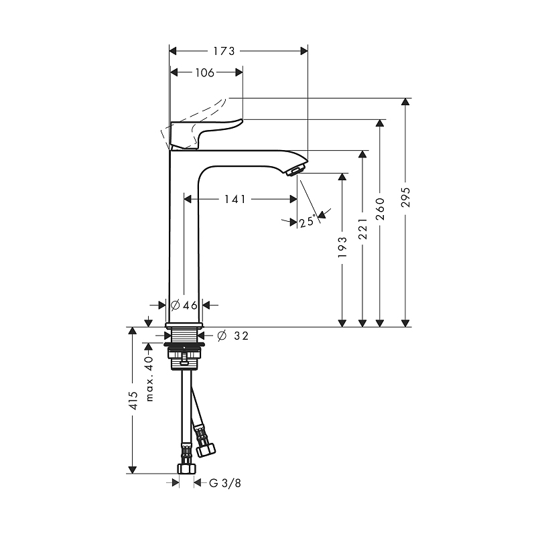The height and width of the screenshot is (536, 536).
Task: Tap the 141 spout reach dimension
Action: coord(234,199)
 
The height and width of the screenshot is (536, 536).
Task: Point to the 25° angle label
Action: coord(308,222)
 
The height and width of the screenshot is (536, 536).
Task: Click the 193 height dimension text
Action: coord(343,247)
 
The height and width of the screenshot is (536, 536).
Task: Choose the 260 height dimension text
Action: coord(381,208)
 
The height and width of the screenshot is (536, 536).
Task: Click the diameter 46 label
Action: coord(184,306)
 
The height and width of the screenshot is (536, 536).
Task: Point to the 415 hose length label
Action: coord(133,400)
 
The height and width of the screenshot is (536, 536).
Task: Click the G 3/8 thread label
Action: coord(223,482)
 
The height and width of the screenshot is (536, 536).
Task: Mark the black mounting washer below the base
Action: coord(182,347)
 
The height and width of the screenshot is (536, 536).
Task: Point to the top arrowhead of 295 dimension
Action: coord(405,103)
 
